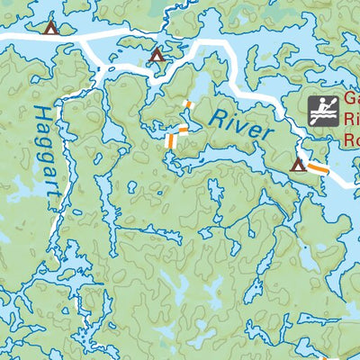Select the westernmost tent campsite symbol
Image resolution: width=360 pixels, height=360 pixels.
(x=50, y=28)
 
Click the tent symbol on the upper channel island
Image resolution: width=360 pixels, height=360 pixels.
(x=157, y=54)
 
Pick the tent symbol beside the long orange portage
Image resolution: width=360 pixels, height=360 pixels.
(x=298, y=164)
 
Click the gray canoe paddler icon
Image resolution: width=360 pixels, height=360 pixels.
(x=322, y=110)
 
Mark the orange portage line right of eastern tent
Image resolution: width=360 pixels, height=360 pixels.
(x=318, y=168)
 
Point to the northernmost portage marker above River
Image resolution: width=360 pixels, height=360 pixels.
(x=188, y=105)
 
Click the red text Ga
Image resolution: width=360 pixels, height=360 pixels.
(x=351, y=102)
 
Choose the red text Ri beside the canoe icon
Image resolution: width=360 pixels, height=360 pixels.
(x=351, y=121)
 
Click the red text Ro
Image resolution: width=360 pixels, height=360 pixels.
(x=351, y=139)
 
